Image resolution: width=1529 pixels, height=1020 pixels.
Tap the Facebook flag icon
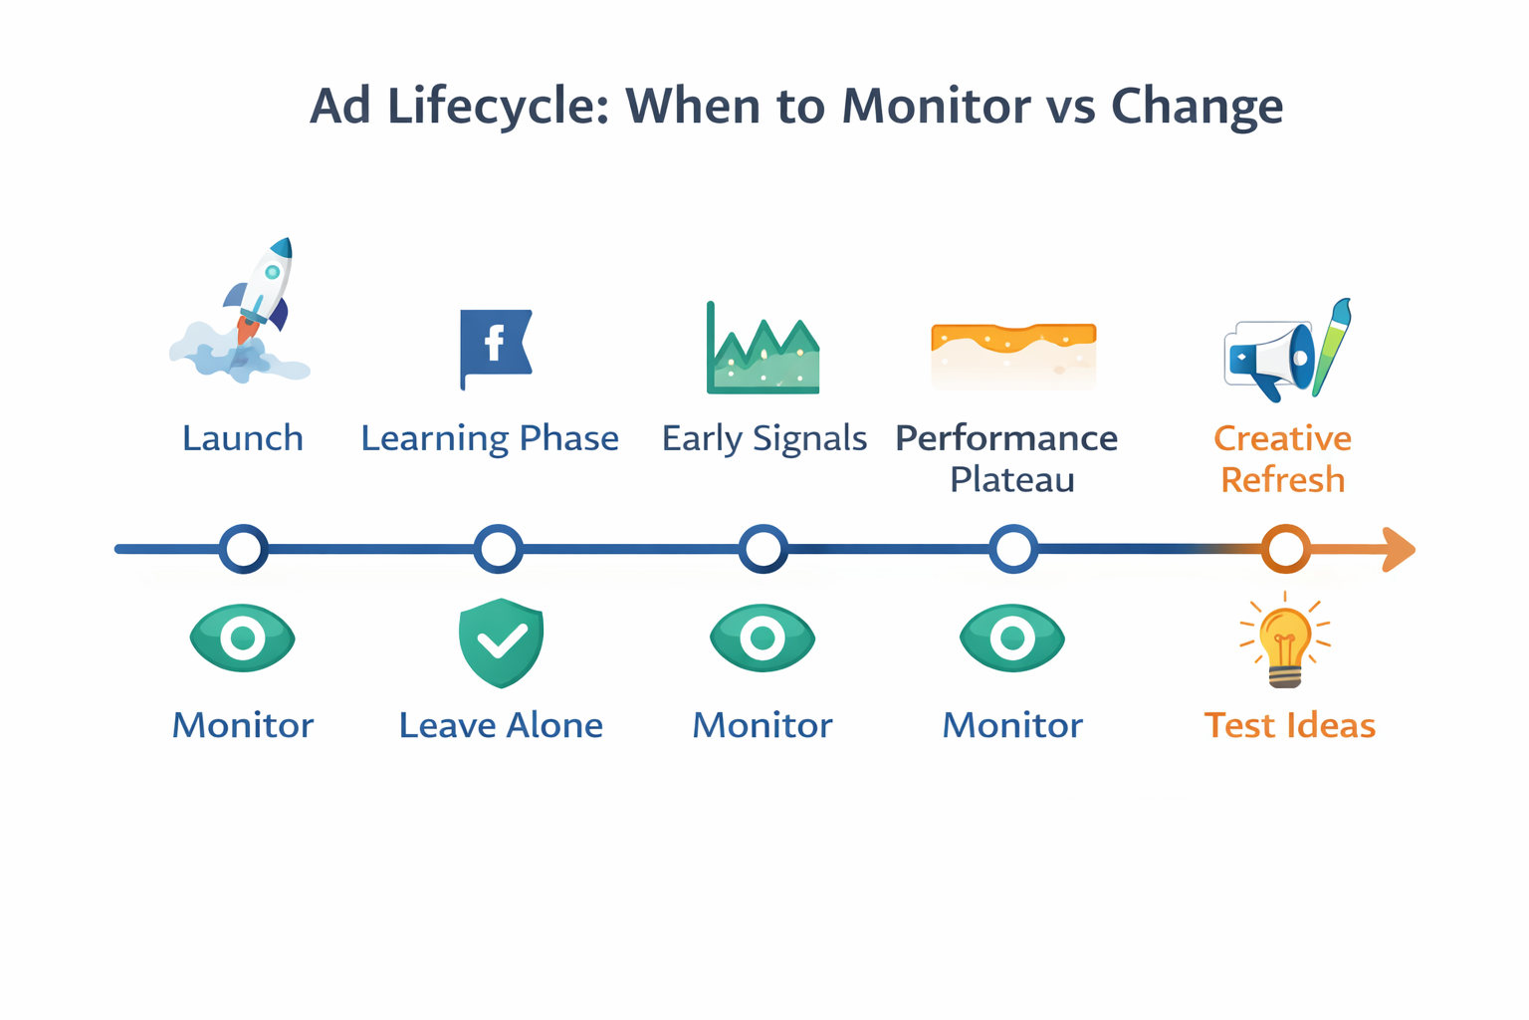tap(495, 346)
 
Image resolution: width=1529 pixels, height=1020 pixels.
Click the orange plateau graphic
tap(1012, 354)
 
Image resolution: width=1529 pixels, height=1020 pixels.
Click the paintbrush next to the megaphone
tap(1333, 346)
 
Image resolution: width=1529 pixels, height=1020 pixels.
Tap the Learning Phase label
tap(490, 438)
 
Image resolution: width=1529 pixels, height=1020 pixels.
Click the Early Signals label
tap(764, 438)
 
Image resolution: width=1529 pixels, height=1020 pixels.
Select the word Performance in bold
tap(1006, 438)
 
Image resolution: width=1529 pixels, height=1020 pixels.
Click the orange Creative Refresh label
tap(1282, 458)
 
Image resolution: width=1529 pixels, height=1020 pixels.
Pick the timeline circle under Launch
tap(244, 549)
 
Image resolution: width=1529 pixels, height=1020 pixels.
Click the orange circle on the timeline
tap(1285, 549)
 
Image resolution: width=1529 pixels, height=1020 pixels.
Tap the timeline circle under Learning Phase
tap(499, 549)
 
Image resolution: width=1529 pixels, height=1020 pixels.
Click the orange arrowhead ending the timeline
tap(1398, 550)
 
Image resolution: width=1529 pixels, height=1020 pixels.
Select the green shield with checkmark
tap(501, 642)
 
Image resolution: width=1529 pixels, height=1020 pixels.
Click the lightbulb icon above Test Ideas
tap(1285, 642)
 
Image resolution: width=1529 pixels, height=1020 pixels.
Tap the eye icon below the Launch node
tap(243, 638)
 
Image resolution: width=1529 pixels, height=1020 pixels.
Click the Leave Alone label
tap(501, 725)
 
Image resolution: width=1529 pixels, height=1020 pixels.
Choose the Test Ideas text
tap(1289, 725)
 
